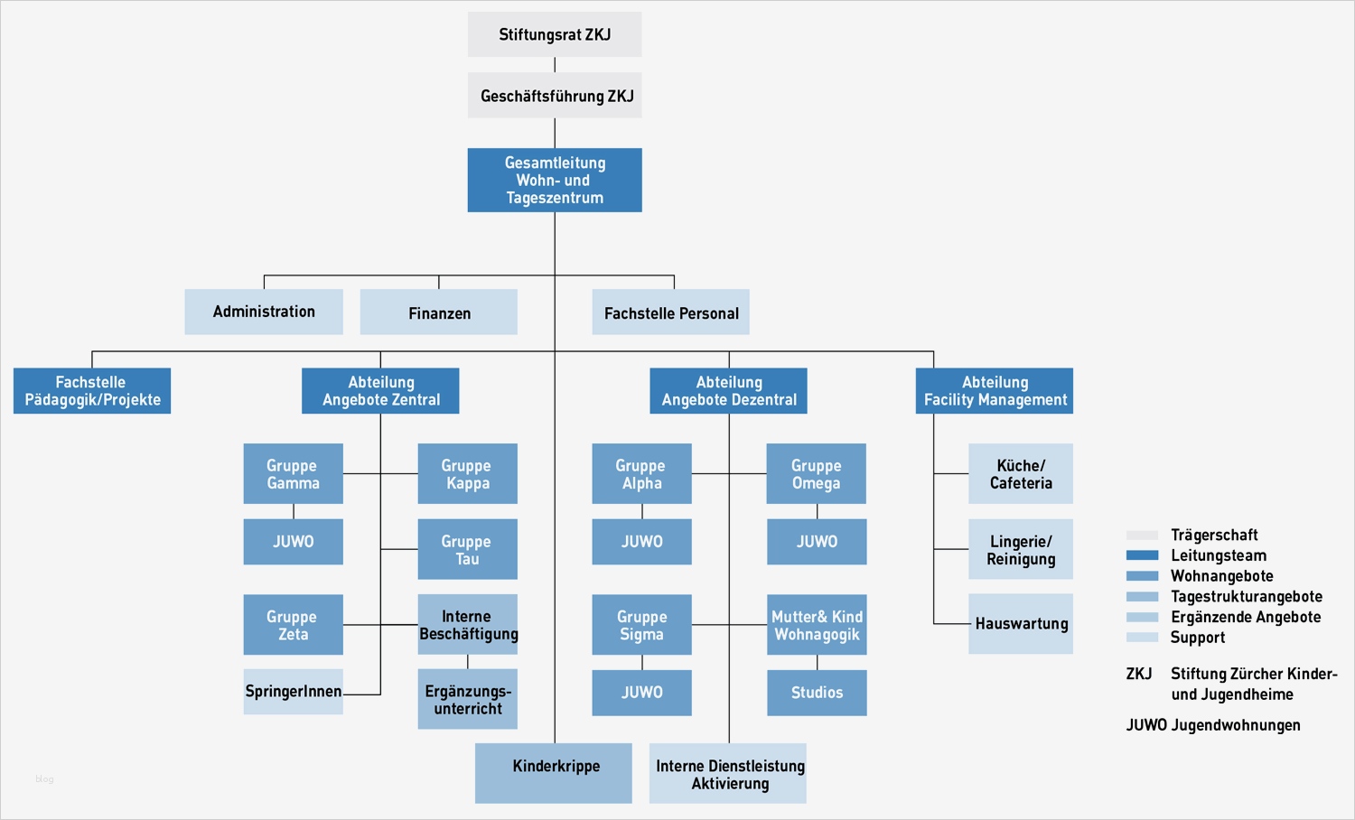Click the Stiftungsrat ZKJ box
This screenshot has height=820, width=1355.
555,34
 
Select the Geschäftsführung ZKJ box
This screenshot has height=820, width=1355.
555,96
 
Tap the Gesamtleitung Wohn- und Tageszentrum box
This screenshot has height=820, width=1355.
555,181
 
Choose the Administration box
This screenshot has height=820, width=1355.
264,312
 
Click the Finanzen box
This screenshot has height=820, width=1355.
439,312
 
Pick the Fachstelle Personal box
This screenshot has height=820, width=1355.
670,312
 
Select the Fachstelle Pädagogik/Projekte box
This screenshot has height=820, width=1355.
92,391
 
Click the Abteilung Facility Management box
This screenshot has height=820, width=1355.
995,391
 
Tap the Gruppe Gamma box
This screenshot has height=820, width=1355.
293,474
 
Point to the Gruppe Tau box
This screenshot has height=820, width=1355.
467,549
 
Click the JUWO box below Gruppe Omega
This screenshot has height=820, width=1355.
817,542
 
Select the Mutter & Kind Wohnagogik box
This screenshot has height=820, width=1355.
817,625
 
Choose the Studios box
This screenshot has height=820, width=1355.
817,693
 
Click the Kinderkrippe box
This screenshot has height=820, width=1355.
554,773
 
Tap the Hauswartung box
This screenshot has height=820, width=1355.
1021,624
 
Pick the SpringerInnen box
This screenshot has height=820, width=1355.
293,692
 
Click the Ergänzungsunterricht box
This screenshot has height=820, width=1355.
467,699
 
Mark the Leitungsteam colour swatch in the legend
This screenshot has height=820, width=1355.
1142,555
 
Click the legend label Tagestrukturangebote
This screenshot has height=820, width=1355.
1246,597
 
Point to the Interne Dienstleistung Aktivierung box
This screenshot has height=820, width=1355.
728,774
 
